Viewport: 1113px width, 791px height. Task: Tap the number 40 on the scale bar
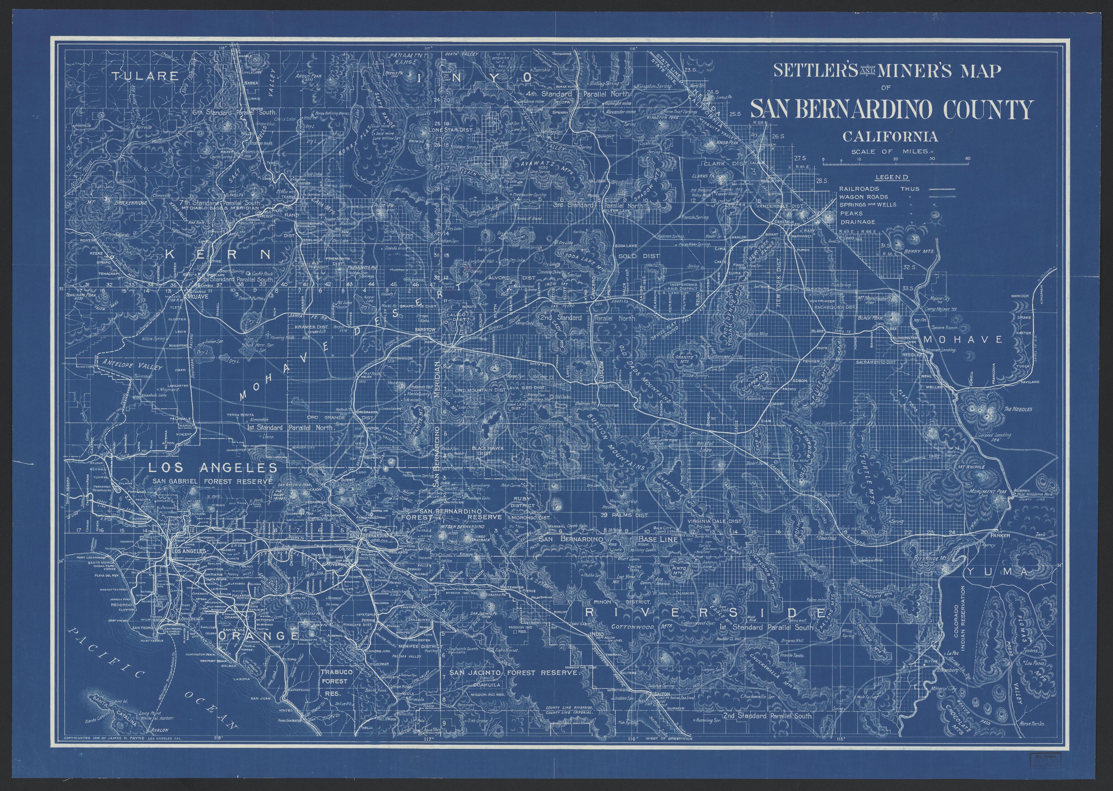click(967, 158)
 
